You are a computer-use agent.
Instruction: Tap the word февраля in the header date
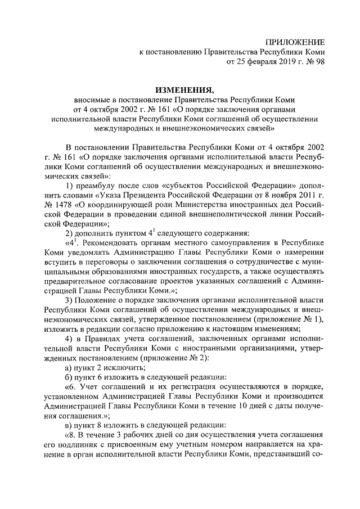pos(255,62)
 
